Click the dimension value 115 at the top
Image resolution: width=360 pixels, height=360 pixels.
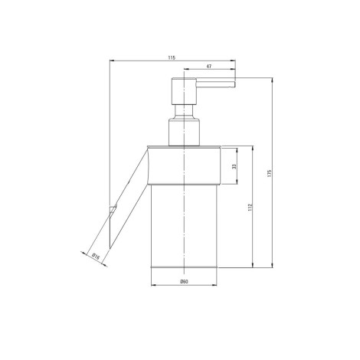(x=172, y=57)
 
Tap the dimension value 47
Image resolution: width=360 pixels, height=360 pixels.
(x=209, y=66)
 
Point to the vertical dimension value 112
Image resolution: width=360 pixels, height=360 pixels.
(x=250, y=207)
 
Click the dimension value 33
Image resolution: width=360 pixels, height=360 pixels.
(x=234, y=166)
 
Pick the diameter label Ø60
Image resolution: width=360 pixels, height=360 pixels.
(x=184, y=282)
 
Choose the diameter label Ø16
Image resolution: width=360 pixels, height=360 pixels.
(x=96, y=256)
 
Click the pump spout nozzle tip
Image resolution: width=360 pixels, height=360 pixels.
(x=234, y=84)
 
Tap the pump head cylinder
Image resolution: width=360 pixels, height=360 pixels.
(x=184, y=91)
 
